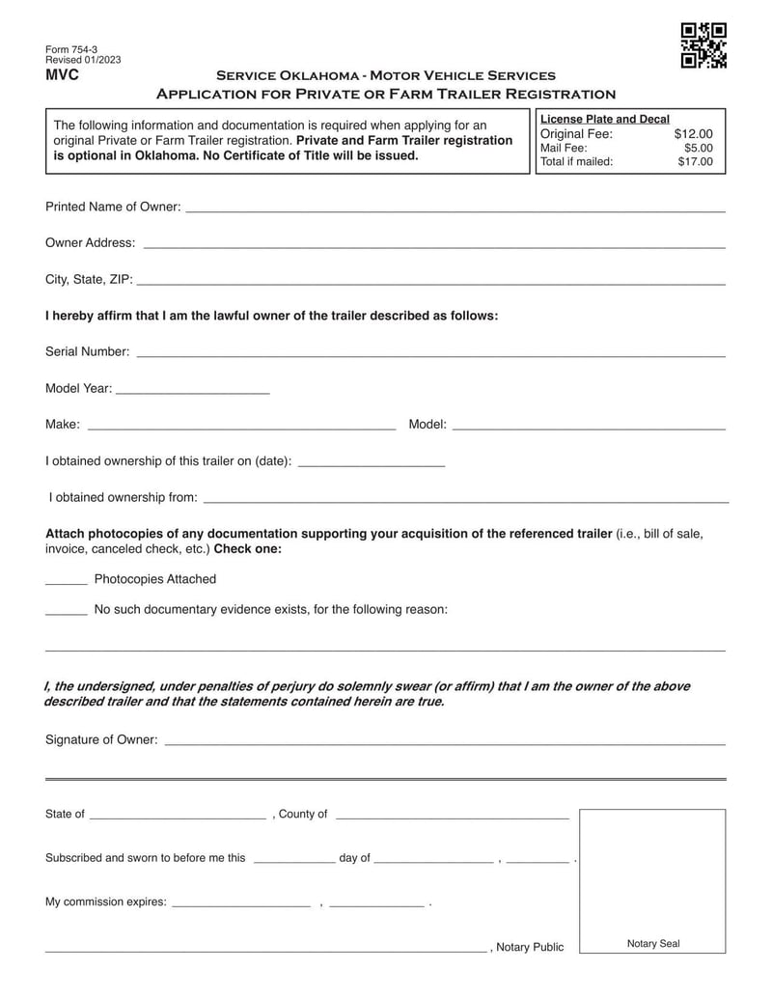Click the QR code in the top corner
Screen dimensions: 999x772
click(703, 45)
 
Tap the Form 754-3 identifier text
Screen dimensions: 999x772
click(71, 48)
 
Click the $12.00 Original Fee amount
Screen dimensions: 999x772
click(693, 134)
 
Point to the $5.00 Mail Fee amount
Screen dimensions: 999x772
click(698, 148)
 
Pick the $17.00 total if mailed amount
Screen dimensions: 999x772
click(695, 161)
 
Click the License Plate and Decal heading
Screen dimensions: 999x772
click(605, 119)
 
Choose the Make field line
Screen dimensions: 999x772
click(241, 426)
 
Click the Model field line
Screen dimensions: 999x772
click(589, 426)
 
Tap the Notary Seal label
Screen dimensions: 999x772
click(653, 943)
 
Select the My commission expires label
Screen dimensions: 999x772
click(105, 902)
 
